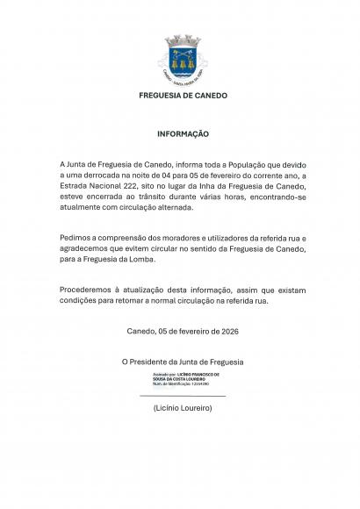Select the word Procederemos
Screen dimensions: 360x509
point(91,289)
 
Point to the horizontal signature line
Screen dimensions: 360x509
point(183,397)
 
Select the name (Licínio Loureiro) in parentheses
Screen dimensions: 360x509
point(181,410)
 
